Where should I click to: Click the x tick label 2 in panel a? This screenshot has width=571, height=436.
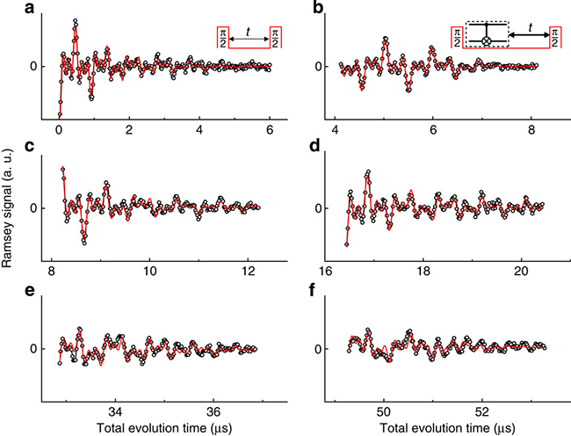[x=129, y=128]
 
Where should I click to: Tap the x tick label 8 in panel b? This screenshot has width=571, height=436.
[x=531, y=128]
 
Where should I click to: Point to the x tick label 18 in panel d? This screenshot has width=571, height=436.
[x=423, y=270]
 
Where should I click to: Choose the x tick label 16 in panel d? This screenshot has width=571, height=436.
[x=325, y=270]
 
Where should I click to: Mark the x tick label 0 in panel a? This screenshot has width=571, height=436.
[x=58, y=128]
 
